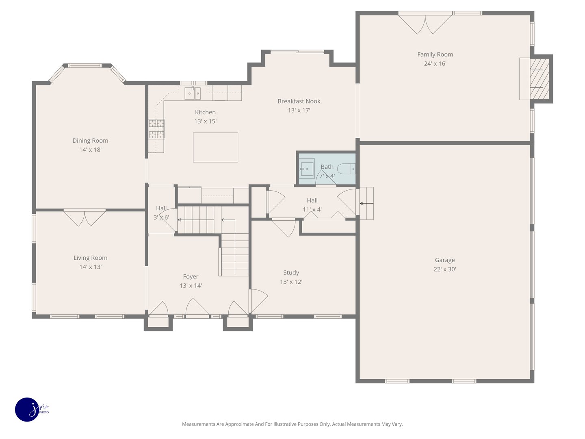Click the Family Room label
click(435, 54)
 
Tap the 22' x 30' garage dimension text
click(444, 269)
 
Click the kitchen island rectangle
click(215, 147)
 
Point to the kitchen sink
click(193, 93)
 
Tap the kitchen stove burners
click(156, 129)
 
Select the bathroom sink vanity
click(307, 168)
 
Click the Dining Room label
click(90, 141)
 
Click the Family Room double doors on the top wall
click(425, 24)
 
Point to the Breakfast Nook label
click(299, 101)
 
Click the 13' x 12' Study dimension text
click(291, 282)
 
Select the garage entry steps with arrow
click(366, 203)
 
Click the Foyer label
click(191, 276)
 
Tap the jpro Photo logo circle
click(27, 409)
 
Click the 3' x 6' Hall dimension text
click(161, 217)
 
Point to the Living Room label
click(90, 258)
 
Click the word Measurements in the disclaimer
click(198, 424)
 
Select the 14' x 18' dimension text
click(90, 150)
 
